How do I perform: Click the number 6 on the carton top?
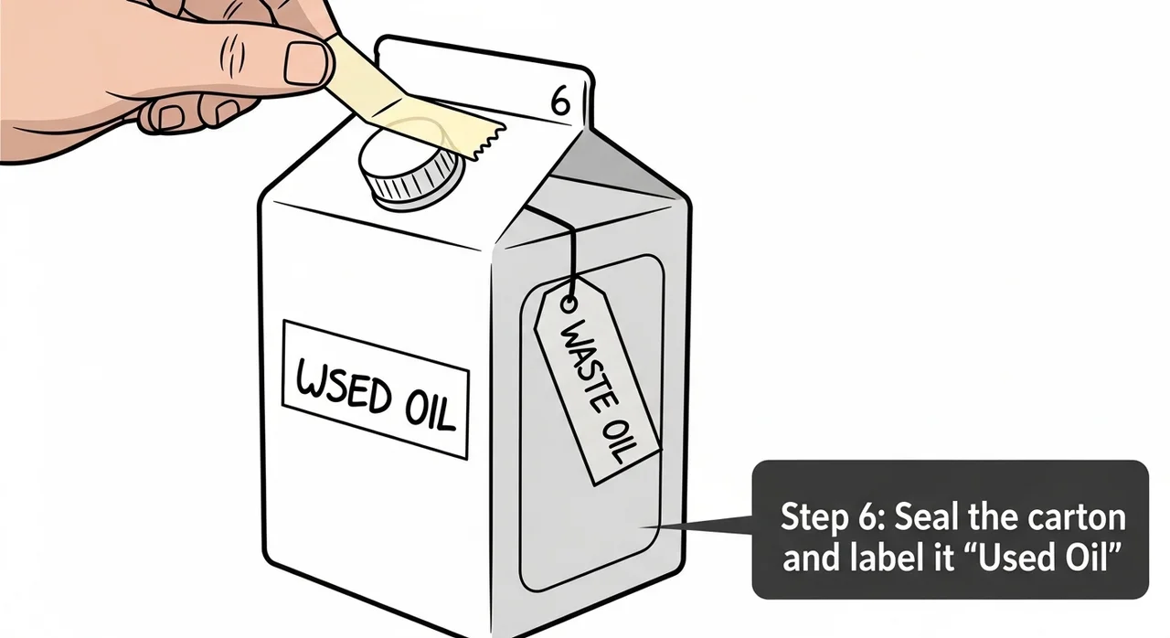(560, 102)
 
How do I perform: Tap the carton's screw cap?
(411, 171)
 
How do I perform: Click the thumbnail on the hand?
(307, 63)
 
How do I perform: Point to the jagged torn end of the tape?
(489, 142)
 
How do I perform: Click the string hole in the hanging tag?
(569, 303)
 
